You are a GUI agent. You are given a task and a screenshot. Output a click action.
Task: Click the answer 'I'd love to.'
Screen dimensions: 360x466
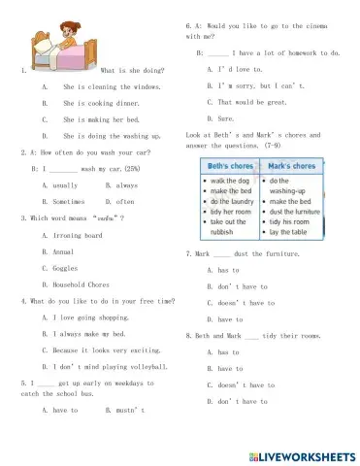click(x=229, y=69)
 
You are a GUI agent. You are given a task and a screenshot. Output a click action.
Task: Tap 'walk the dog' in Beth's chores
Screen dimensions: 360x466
click(x=224, y=182)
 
